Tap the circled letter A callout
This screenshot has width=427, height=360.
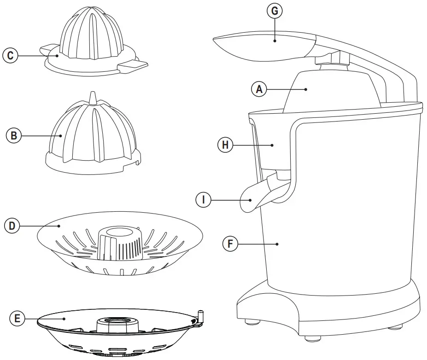coord(259,89)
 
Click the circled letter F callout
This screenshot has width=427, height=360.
coord(230,244)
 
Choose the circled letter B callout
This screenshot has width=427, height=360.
coord(13,136)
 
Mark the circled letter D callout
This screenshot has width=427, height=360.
coord(12,226)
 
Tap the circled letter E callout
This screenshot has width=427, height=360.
coord(17,318)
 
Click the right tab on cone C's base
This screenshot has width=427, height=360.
coord(134,67)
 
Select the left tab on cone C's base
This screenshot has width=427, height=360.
coord(47,48)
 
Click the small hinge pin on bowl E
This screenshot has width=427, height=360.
coord(200,316)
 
